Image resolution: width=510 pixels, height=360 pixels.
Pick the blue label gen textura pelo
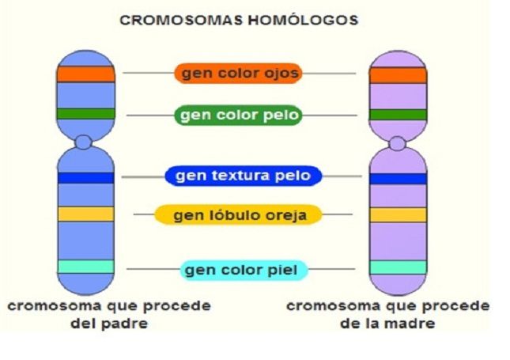click(x=243, y=176)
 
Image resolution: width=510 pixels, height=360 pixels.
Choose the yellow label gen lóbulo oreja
click(x=237, y=214)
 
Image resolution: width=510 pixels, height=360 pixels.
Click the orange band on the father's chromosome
click(x=85, y=74)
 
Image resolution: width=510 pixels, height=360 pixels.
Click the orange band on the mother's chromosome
click(x=398, y=75)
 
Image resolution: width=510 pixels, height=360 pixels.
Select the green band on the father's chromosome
click(x=85, y=114)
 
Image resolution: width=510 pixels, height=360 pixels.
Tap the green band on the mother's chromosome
click(x=398, y=115)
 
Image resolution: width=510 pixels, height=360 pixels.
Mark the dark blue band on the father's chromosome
click(x=85, y=177)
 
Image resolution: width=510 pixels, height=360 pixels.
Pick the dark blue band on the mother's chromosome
click(x=398, y=178)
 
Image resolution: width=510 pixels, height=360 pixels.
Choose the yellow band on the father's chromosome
click(x=85, y=214)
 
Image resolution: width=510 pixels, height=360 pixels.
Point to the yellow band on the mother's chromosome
click(x=398, y=214)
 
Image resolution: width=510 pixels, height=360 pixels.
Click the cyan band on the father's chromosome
click(x=85, y=267)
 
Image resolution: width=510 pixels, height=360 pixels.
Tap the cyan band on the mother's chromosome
click(x=398, y=267)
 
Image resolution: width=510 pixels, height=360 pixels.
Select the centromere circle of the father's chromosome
click(x=84, y=142)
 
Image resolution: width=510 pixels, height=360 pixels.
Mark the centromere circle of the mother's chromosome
click(x=398, y=143)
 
